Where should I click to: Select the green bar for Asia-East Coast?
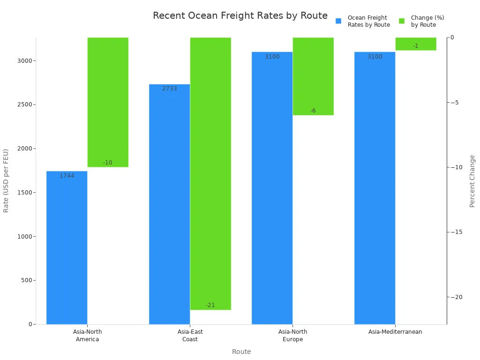[x=210, y=173]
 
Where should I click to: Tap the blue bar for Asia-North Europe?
[x=272, y=187]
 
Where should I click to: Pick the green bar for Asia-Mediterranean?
[x=416, y=44]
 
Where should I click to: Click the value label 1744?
[x=67, y=176]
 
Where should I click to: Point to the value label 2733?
[x=169, y=89]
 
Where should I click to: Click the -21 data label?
[x=210, y=305]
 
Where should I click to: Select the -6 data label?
[x=313, y=111]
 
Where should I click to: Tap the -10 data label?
[x=108, y=163]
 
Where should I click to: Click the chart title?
[x=240, y=15]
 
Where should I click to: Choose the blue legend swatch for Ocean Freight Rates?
[x=338, y=21]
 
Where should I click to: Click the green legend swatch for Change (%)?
[x=402, y=21]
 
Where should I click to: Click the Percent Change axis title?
[x=472, y=181]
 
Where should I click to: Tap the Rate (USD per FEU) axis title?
[x=6, y=180]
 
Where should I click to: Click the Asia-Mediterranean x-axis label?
[x=395, y=332]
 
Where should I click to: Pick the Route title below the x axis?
[x=241, y=352]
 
